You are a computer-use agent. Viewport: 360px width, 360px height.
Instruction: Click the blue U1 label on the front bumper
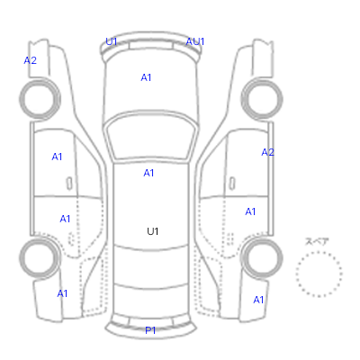[x=111, y=41]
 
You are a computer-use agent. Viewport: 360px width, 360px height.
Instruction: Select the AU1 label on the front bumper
[x=195, y=41]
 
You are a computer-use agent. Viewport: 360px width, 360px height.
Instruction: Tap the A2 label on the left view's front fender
[x=31, y=60]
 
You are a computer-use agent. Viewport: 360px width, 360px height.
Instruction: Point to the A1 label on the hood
[x=146, y=77]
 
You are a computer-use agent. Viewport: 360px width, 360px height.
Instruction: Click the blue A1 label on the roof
[x=148, y=173]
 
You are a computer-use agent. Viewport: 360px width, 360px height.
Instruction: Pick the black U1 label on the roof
[x=153, y=231]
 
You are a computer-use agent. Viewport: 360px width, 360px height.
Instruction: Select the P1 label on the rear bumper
[x=150, y=330]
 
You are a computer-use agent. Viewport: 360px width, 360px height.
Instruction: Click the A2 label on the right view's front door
[x=267, y=152]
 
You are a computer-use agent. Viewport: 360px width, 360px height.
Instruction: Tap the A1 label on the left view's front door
[x=57, y=157]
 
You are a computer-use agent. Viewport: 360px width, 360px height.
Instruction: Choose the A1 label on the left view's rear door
[x=65, y=219]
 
